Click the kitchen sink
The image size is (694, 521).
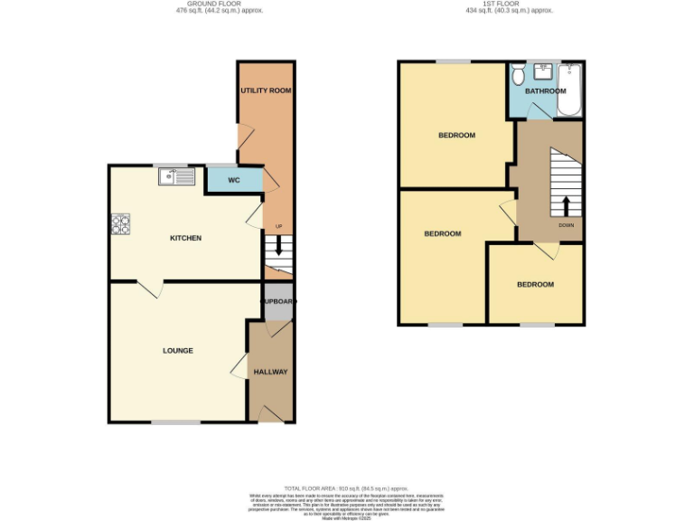point(176,176)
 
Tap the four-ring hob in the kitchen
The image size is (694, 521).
point(120,224)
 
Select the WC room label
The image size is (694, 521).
point(233,180)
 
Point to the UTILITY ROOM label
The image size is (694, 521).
point(266,91)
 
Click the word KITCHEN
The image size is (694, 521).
point(186,238)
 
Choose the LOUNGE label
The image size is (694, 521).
point(178,350)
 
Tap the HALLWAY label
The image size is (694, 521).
point(270,372)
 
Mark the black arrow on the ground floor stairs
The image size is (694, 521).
point(279,244)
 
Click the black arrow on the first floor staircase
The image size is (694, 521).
point(567,205)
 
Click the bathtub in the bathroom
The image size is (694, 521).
point(570,90)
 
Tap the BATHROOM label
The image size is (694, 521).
point(546,91)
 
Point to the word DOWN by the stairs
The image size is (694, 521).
point(566,225)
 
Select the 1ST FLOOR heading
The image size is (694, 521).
point(509,5)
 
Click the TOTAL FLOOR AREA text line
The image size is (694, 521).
point(347,488)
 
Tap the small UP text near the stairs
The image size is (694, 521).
point(278,226)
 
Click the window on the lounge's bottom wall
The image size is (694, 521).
point(175,422)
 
